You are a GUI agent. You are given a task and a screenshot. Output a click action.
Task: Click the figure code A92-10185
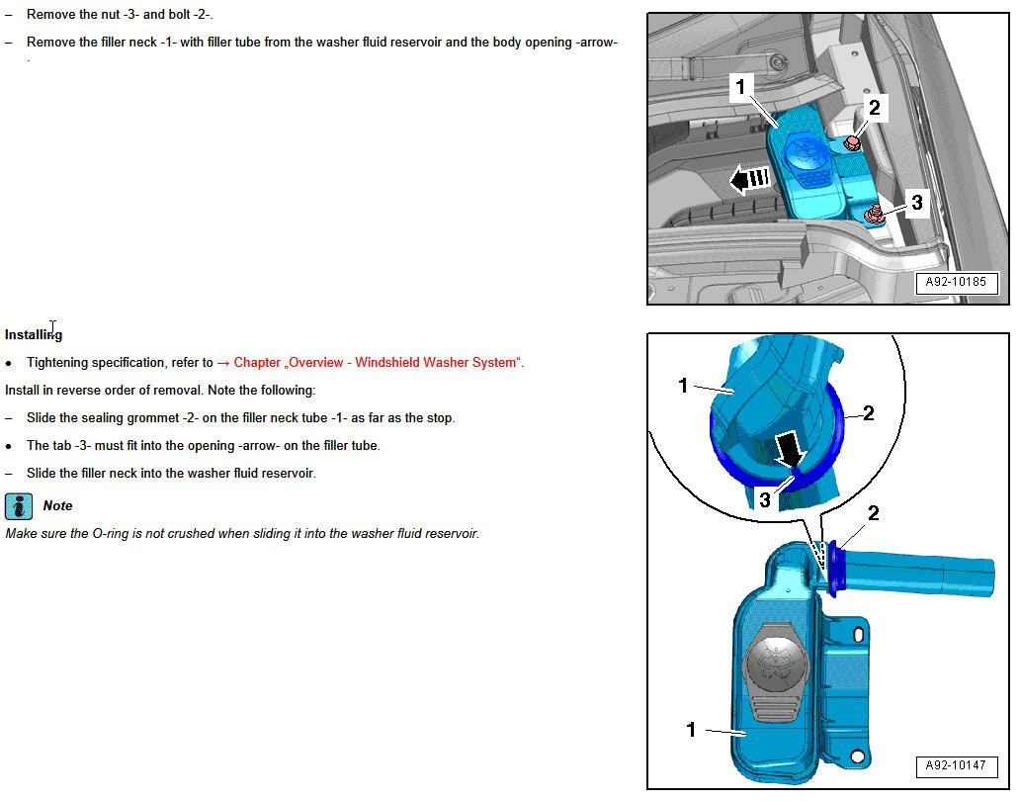click(x=956, y=283)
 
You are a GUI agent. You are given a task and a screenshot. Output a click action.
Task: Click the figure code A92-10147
click(x=956, y=765)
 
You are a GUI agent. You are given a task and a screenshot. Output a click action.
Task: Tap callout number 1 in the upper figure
click(x=741, y=88)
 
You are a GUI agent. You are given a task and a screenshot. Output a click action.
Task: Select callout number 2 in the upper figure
click(x=874, y=108)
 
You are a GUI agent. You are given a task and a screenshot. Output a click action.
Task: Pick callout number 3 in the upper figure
click(x=916, y=203)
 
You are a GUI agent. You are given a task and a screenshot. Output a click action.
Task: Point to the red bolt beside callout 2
click(x=852, y=143)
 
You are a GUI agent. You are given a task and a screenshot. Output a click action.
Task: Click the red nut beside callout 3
click(x=874, y=212)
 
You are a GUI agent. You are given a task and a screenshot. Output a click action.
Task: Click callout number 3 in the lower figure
click(x=764, y=500)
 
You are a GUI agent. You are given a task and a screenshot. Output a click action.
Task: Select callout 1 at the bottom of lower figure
click(x=691, y=730)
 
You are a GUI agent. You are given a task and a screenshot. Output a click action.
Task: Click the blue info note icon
click(x=19, y=506)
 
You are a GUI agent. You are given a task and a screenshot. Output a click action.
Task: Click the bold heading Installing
click(x=34, y=335)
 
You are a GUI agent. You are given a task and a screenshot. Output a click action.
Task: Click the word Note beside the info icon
click(x=57, y=505)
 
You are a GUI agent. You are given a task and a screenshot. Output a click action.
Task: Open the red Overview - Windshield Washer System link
click(x=377, y=363)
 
